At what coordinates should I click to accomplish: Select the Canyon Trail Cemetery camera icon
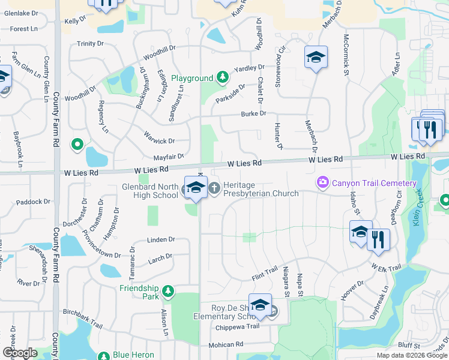coord(323,181)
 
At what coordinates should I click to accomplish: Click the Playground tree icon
coord(223,77)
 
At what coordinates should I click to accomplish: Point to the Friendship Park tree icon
coord(169,292)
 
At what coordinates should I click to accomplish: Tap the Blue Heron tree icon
coord(104,355)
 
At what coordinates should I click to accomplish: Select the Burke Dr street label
coord(253,113)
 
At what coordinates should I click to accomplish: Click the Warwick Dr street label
coord(159,142)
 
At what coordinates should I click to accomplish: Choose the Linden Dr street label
coord(160,240)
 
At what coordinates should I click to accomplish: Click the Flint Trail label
coord(265,275)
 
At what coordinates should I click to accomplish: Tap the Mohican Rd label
coord(226,345)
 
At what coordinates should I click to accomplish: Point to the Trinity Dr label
coord(90,44)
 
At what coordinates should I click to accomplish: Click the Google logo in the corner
coord(20,353)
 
